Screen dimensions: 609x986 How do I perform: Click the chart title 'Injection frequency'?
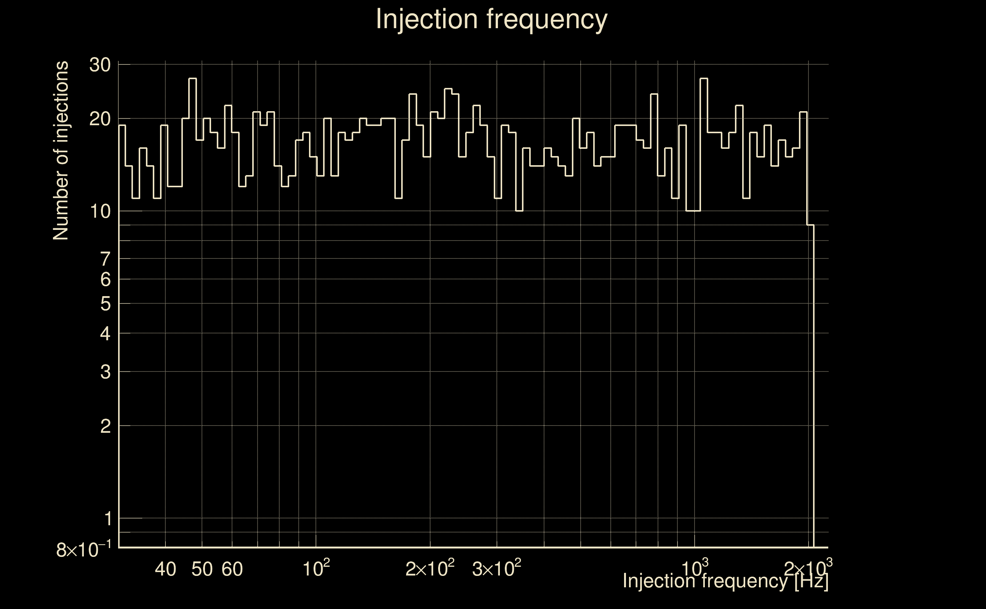pos(491,19)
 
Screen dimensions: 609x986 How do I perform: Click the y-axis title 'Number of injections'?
pos(61,151)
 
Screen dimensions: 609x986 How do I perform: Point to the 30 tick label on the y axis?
pos(100,65)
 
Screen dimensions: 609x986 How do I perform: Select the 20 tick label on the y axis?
pos(100,119)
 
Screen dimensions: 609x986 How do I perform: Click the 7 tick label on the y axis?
pos(105,259)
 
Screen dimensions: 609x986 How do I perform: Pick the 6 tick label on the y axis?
pos(105,279)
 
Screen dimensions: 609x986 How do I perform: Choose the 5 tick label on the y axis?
pos(105,304)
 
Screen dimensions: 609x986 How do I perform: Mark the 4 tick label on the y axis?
pos(105,333)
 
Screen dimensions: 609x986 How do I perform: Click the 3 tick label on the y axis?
pos(105,372)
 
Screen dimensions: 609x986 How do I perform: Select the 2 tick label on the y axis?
pos(105,426)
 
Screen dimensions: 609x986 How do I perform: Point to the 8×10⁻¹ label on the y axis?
pos(83,550)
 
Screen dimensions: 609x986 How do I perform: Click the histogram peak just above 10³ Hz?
pos(704,78)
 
